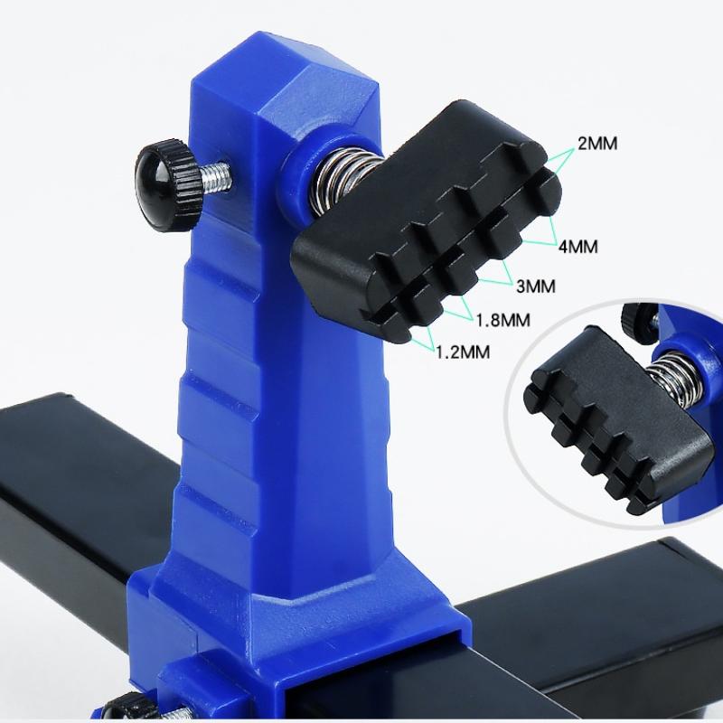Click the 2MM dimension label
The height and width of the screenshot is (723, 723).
point(597,144)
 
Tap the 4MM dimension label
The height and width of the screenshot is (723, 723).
point(578,247)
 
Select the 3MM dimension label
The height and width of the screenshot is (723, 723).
point(536,286)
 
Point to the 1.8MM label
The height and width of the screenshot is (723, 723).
point(503,320)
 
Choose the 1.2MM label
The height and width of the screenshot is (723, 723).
point(463,352)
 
